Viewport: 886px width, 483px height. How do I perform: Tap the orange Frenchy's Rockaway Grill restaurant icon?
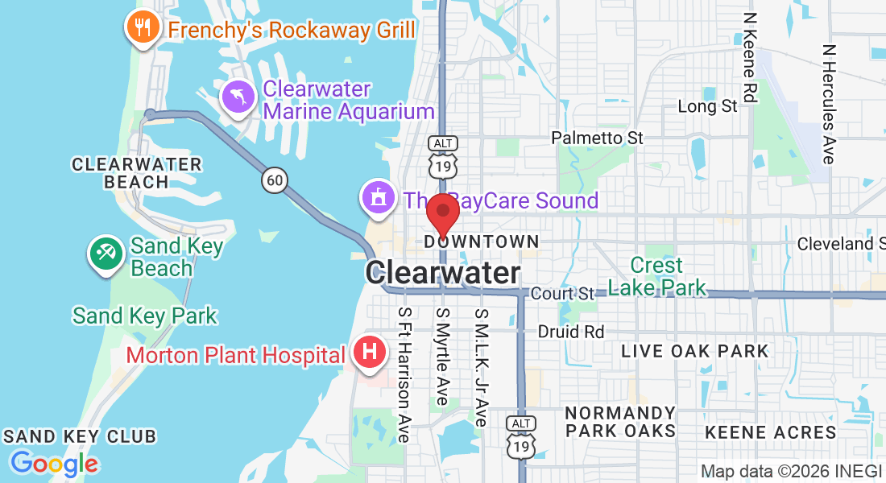[143, 28]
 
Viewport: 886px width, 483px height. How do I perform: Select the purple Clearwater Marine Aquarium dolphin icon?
[239, 99]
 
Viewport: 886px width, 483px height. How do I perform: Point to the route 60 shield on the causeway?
[274, 181]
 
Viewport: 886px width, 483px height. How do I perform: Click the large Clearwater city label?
[443, 273]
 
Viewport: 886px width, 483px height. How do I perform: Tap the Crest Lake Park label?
[656, 276]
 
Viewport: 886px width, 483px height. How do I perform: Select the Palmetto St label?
[597, 138]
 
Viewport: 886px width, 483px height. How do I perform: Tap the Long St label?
[707, 106]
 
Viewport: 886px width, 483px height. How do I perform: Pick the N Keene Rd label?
[750, 58]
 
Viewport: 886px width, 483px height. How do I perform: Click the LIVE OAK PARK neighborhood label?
[694, 351]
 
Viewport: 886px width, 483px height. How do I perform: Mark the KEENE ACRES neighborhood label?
[771, 433]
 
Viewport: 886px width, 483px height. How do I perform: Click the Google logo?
[54, 464]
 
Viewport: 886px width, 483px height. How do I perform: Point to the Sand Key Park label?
[145, 316]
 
